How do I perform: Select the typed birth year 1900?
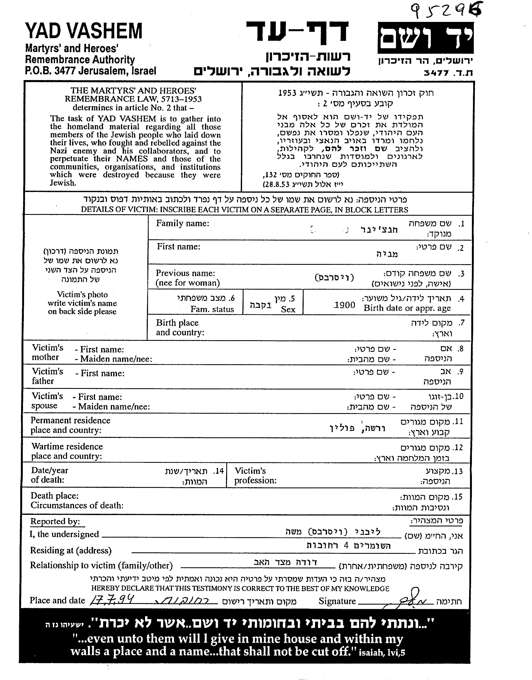344,305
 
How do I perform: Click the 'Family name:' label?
183,223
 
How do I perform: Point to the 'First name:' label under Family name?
179,247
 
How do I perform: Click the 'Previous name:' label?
185,273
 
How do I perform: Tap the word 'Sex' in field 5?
288,309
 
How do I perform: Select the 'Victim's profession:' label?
255,475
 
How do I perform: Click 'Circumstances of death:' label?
77,505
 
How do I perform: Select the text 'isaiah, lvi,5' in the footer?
382,652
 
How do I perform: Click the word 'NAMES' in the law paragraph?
128,159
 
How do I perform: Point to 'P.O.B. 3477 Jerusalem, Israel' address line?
90,71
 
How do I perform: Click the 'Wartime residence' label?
67,446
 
